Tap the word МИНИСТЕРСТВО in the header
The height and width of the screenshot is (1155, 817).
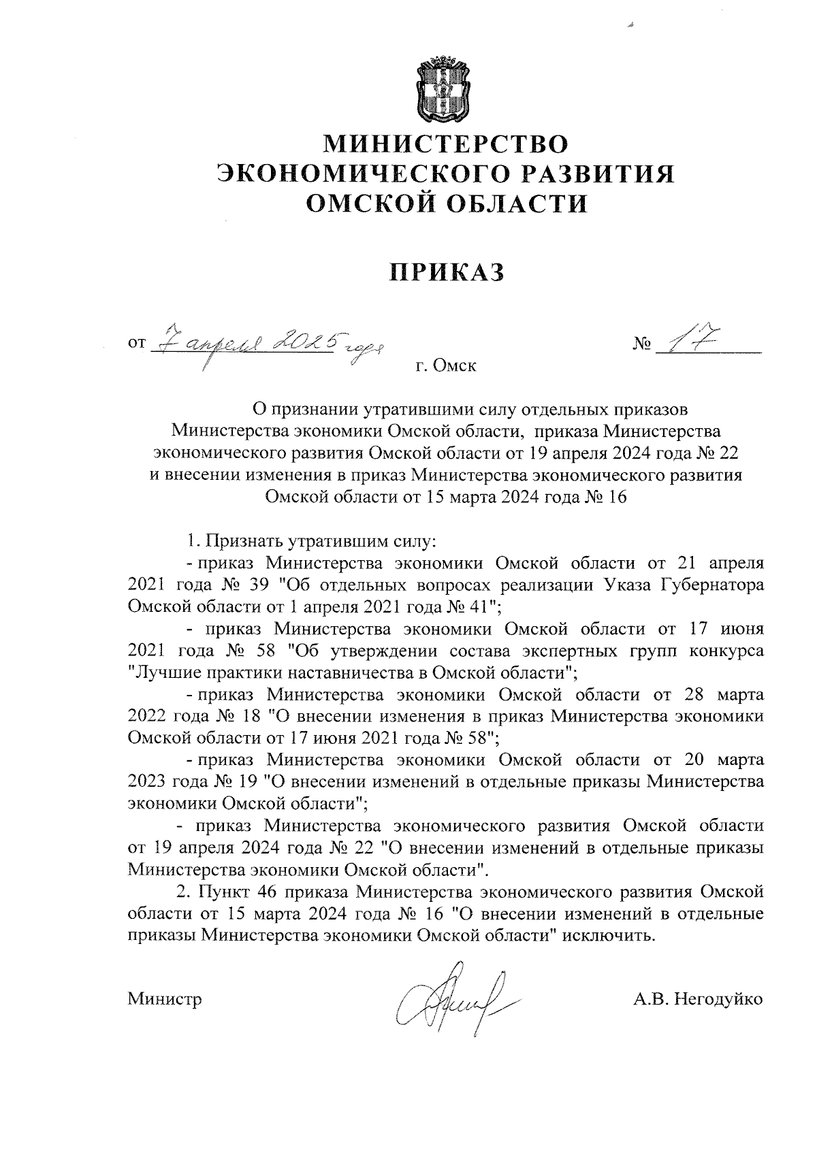(445, 144)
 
